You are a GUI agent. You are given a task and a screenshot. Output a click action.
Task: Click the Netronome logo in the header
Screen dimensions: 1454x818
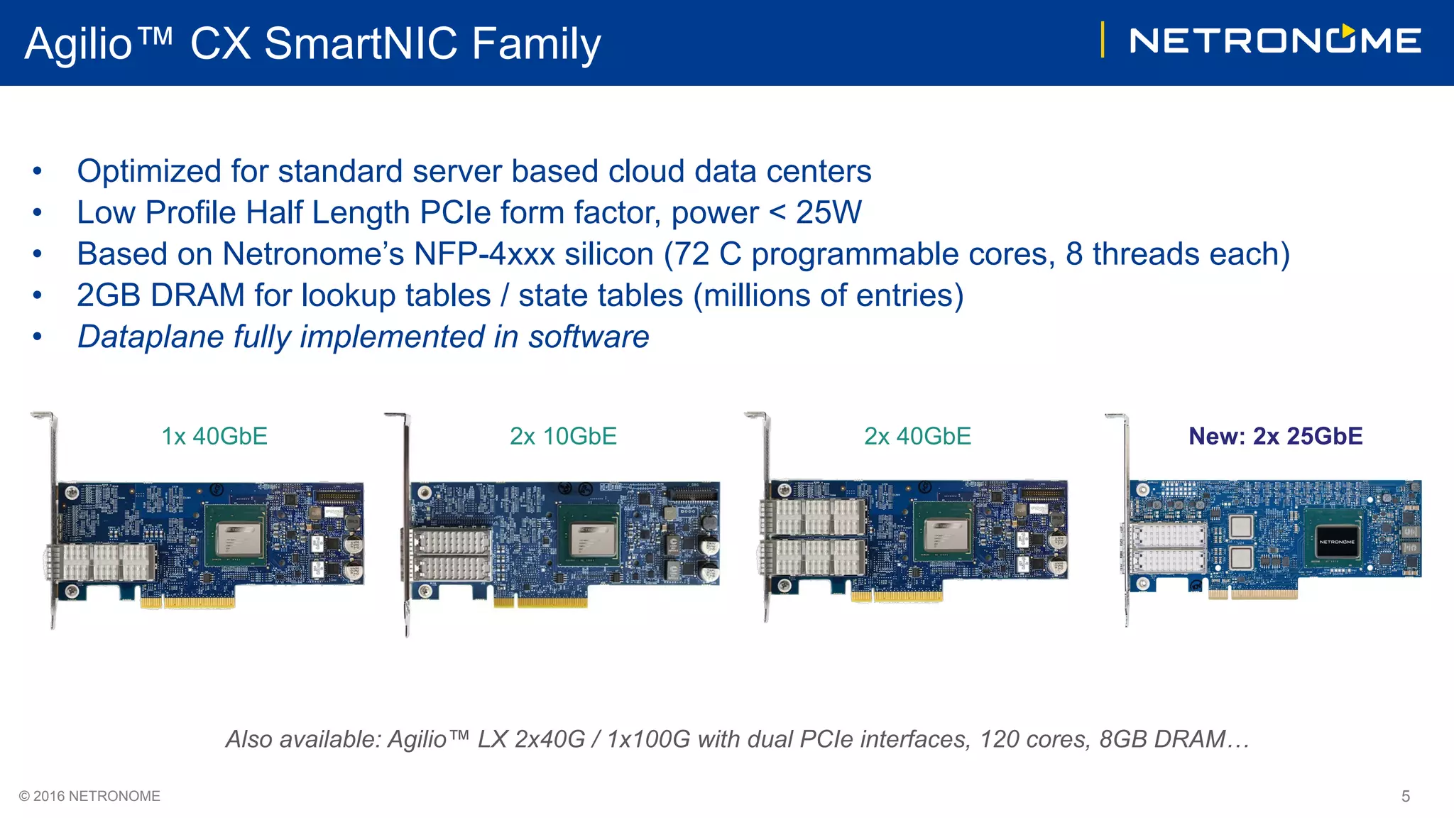pyautogui.click(x=1275, y=40)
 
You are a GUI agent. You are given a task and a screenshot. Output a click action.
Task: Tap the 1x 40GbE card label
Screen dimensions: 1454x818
pyautogui.click(x=214, y=436)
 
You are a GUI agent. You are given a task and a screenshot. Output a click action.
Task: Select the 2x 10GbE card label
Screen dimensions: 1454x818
pyautogui.click(x=563, y=436)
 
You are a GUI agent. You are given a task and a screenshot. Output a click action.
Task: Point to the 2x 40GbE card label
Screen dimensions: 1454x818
pyautogui.click(x=917, y=436)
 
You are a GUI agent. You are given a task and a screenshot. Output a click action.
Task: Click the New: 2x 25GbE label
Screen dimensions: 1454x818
pyautogui.click(x=1276, y=436)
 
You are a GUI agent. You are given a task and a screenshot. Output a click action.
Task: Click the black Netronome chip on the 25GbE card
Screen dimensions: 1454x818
pyautogui.click(x=1337, y=542)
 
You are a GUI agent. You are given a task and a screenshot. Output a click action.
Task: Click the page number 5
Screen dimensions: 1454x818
pyautogui.click(x=1406, y=796)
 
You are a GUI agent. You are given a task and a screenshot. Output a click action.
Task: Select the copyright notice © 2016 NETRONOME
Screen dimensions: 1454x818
pyautogui.click(x=89, y=796)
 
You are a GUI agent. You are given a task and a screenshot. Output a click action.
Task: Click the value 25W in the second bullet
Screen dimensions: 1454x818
pyautogui.click(x=829, y=212)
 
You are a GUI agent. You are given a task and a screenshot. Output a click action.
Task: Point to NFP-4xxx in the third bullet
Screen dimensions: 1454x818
pyautogui.click(x=484, y=254)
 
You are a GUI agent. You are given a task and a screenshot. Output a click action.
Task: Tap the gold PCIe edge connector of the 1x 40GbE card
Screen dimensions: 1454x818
pyautogui.click(x=187, y=602)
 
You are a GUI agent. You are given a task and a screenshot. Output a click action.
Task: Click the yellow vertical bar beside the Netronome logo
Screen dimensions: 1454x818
pyautogui.click(x=1103, y=40)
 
